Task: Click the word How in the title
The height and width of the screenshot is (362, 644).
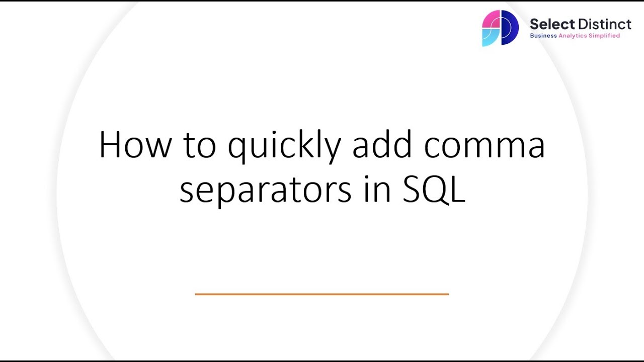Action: (x=135, y=146)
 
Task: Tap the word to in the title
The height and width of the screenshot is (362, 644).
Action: (x=200, y=146)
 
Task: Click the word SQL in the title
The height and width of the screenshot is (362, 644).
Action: (x=434, y=190)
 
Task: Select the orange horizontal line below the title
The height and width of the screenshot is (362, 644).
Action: (x=321, y=294)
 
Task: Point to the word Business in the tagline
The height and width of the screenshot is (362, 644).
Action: (x=543, y=36)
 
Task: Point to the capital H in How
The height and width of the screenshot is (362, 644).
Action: (x=110, y=146)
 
